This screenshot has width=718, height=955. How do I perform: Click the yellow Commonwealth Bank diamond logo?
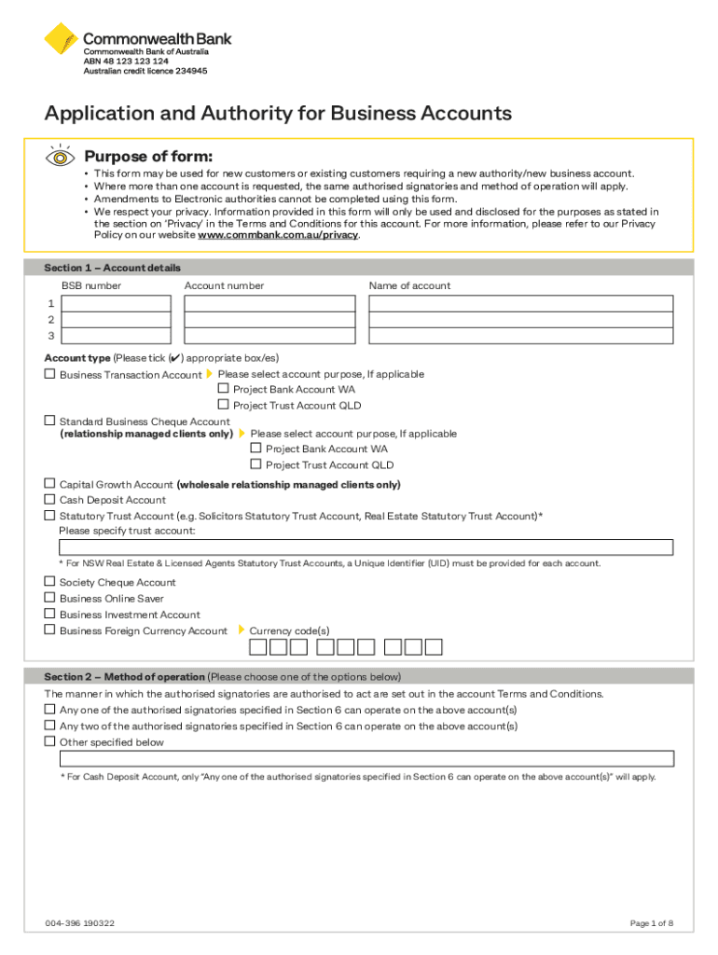62,40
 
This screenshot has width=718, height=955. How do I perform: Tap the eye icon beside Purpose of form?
60,157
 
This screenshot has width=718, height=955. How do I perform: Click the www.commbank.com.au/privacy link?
277,235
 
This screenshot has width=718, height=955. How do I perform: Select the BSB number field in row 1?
116,303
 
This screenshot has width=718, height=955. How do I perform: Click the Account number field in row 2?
269,320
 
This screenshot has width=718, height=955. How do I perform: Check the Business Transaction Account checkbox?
50,374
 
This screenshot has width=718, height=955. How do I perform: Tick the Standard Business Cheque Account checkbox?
50,422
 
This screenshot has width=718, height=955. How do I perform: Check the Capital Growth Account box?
50,484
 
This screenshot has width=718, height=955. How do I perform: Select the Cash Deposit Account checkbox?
50,500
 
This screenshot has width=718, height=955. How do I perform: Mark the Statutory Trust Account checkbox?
50,516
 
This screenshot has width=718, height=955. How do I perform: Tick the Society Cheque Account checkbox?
50,582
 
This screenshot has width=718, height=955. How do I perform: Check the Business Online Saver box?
50,598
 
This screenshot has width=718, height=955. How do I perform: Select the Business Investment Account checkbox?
50,614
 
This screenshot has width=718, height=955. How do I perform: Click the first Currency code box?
257,647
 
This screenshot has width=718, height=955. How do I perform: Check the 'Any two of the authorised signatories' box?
50,726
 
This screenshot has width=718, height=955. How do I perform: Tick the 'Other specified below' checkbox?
50,741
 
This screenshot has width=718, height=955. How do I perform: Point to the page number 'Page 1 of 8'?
651,923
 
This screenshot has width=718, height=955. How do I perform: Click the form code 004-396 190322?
80,923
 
